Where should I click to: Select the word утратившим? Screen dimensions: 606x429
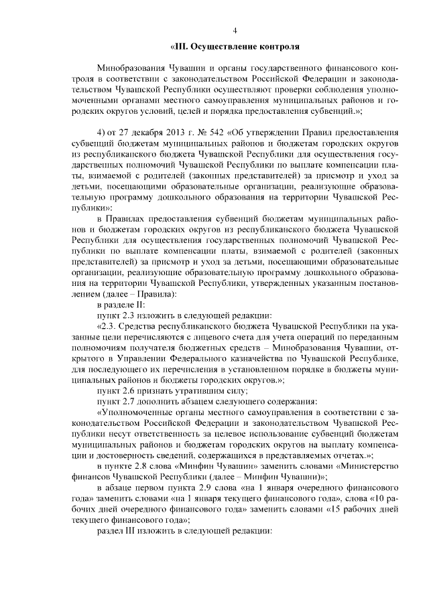tap(188, 390)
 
